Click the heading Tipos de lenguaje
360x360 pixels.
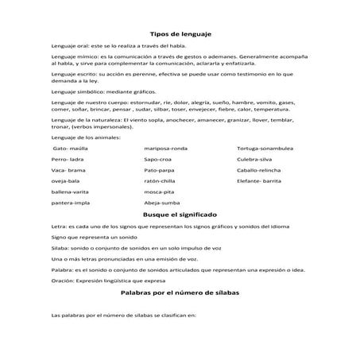tap(180, 35)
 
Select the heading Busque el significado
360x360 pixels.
tap(180, 215)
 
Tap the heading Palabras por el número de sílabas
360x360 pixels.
tap(180, 292)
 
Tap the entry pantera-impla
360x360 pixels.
tap(68, 203)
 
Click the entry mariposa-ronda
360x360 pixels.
tap(167, 149)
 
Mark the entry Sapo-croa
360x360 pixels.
tap(160, 160)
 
